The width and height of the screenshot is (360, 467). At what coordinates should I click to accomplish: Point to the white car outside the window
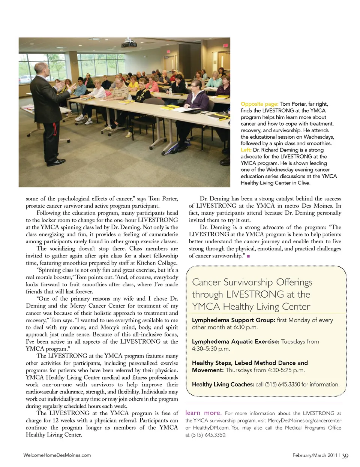tap(26, 79)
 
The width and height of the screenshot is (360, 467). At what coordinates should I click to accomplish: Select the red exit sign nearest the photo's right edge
tap(226, 45)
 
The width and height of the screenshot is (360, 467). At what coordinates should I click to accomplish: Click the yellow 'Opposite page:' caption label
tap(259, 104)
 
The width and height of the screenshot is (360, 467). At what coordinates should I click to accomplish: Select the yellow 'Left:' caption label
tap(246, 150)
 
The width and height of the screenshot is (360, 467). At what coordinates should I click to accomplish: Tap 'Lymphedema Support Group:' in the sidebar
tap(234, 320)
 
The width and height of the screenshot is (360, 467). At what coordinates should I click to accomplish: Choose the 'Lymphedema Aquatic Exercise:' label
tap(235, 341)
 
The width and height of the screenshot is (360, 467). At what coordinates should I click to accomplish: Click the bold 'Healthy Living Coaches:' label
tap(223, 384)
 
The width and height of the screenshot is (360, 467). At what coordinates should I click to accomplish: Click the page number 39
tap(345, 456)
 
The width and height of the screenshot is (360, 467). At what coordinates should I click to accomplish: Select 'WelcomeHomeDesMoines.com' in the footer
tap(57, 455)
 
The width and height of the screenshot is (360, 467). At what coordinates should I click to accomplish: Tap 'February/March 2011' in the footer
tap(315, 455)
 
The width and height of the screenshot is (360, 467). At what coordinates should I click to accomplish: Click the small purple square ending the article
tap(248, 256)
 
